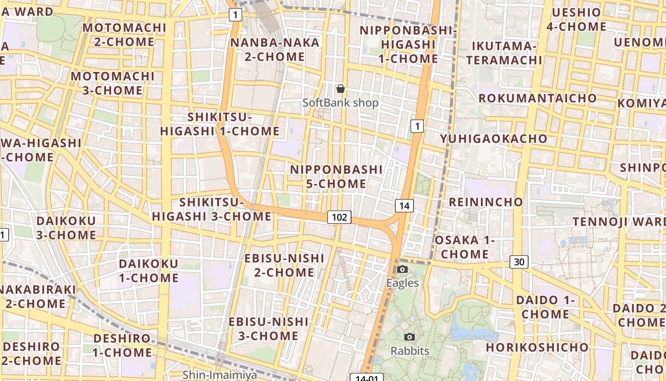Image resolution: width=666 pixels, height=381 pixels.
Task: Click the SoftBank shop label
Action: click(x=341, y=103)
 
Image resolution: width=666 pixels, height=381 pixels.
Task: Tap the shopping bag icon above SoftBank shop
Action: click(x=341, y=89)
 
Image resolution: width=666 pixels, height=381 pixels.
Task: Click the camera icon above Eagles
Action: click(x=402, y=269)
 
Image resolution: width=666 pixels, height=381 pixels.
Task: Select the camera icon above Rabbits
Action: click(x=410, y=337)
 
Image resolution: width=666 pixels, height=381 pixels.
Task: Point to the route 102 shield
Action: click(x=339, y=218)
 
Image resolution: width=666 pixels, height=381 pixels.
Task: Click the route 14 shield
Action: click(x=404, y=206)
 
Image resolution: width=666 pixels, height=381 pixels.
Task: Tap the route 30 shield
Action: click(x=519, y=261)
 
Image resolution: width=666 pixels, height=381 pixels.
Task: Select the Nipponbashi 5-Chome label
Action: click(x=336, y=177)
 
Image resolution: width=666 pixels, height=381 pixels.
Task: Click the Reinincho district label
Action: click(x=486, y=202)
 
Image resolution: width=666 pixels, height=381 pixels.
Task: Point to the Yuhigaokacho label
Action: click(x=494, y=139)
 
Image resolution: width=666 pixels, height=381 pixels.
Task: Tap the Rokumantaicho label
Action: click(x=538, y=98)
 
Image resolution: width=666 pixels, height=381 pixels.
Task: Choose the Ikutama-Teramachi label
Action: click(x=504, y=53)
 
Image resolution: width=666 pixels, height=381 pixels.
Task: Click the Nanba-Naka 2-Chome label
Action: click(x=274, y=50)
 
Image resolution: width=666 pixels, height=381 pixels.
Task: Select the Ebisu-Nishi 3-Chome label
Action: click(x=268, y=329)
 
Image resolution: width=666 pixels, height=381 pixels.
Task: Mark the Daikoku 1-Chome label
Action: click(x=148, y=271)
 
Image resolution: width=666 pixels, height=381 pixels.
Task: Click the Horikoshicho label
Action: click(x=537, y=347)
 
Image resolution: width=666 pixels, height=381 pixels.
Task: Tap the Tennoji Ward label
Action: click(x=619, y=222)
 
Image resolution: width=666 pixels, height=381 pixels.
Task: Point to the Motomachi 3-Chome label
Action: click(x=113, y=83)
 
